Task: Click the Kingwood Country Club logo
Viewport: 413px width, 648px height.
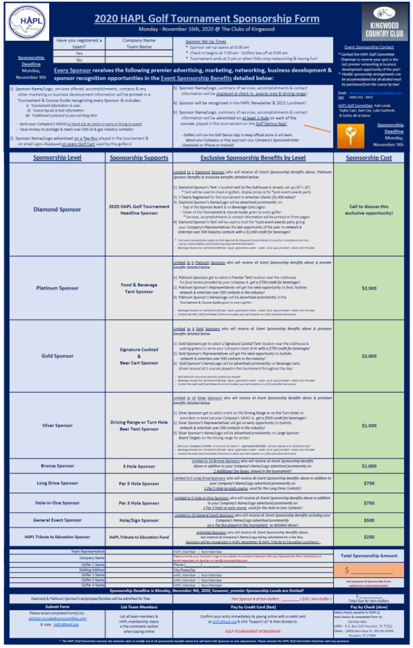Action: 385,22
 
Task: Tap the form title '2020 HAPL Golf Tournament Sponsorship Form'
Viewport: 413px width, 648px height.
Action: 206,19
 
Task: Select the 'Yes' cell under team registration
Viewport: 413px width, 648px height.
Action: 79,53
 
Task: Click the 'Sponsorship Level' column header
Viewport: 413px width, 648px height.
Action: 57,158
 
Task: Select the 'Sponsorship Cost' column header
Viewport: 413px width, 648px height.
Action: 369,158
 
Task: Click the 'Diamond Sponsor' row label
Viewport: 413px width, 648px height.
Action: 57,209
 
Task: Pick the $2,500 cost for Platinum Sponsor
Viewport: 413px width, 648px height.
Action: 369,288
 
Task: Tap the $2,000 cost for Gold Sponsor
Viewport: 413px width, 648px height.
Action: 369,356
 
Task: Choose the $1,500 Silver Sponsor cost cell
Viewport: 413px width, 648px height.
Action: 369,425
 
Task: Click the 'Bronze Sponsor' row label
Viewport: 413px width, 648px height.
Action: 57,466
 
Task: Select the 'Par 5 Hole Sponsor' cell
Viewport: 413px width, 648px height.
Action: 139,483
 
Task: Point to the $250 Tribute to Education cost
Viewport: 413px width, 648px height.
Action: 369,537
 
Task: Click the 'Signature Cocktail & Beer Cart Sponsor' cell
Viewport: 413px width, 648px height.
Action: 139,356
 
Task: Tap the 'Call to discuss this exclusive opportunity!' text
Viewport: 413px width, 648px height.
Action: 369,209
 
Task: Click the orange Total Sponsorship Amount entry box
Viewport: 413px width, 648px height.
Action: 369,570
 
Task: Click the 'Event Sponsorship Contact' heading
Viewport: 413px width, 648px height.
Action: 369,47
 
